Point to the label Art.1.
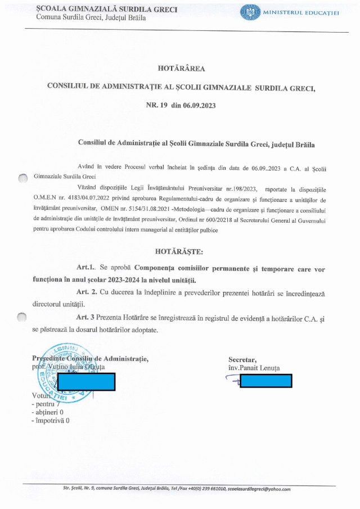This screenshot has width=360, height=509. click(x=87, y=269)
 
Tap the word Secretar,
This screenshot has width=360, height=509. click(x=242, y=359)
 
